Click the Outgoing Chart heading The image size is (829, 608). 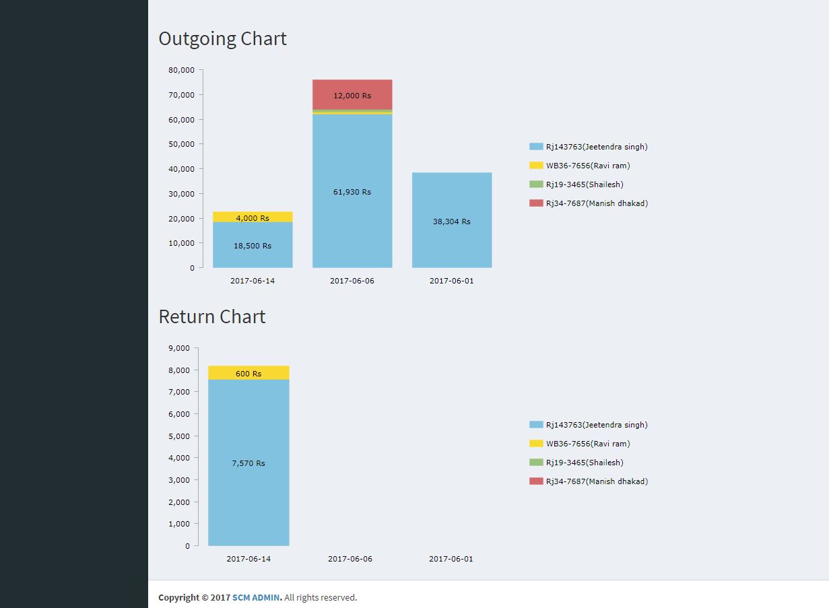pyautogui.click(x=222, y=39)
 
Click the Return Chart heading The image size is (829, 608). pyautogui.click(x=211, y=317)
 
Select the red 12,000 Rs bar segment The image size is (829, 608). pyautogui.click(x=352, y=95)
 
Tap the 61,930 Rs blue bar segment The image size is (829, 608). pyautogui.click(x=352, y=192)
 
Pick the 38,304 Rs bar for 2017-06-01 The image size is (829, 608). pyautogui.click(x=452, y=221)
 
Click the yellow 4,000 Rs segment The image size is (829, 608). pyautogui.click(x=253, y=217)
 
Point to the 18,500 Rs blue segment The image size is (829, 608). pyautogui.click(x=253, y=246)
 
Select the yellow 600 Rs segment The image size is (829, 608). pyautogui.click(x=248, y=373)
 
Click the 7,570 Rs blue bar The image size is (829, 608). pyautogui.click(x=248, y=463)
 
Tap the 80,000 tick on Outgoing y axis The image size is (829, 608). pyautogui.click(x=181, y=70)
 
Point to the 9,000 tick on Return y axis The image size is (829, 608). pyautogui.click(x=179, y=348)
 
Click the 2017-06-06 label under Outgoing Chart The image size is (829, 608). pyautogui.click(x=352, y=281)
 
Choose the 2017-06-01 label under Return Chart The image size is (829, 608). pyautogui.click(x=451, y=559)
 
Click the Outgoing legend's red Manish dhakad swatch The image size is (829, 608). pyautogui.click(x=536, y=203)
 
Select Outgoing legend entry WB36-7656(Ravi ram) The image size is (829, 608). pyautogui.click(x=588, y=166)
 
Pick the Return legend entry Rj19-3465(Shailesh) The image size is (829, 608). pyautogui.click(x=585, y=463)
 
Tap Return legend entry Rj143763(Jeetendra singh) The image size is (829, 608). pyautogui.click(x=597, y=425)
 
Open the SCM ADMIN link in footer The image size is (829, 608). pyautogui.click(x=256, y=598)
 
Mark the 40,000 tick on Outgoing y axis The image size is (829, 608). pyautogui.click(x=181, y=169)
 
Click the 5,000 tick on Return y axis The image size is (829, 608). pyautogui.click(x=179, y=436)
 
